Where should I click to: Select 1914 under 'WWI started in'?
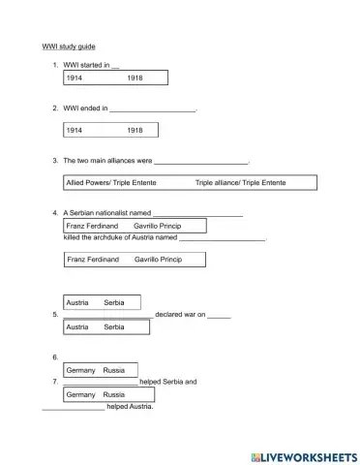[x=75, y=77]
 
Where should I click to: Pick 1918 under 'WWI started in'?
[x=135, y=77]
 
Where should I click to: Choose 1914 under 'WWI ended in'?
[x=75, y=130]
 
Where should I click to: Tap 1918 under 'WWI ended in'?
[x=135, y=130]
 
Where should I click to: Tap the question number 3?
[x=54, y=160]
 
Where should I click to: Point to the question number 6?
[x=55, y=357]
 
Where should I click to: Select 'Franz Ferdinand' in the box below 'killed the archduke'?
[x=92, y=260]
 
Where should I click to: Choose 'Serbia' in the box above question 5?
[x=113, y=303]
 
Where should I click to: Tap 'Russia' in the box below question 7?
[x=113, y=395]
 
